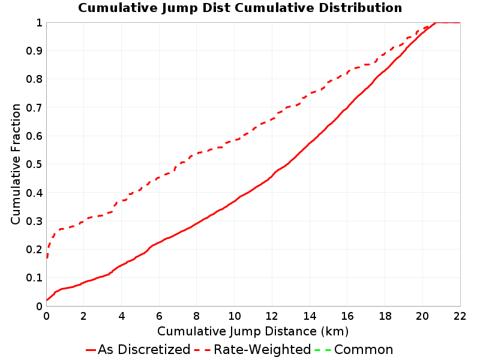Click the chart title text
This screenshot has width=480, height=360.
coord(240,8)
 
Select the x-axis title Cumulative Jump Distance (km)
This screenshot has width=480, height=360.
coord(253,331)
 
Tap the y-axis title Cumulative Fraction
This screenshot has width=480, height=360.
coord(16,164)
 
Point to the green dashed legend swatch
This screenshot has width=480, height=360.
coord(323,350)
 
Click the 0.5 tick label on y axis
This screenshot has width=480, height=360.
coord(34,164)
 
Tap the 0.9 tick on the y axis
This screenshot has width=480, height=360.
coord(34,51)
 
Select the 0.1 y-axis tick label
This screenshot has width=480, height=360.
coord(34,278)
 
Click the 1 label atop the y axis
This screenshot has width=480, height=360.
coord(39,23)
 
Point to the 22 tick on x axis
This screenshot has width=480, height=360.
coord(460,316)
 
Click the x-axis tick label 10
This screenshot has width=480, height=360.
coord(234,316)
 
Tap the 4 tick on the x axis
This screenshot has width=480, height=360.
coord(122,316)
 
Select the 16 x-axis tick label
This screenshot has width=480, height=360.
coord(347,316)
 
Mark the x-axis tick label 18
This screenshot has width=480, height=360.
coord(385,316)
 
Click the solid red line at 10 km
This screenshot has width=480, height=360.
coord(234,202)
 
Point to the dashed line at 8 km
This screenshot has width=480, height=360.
coord(197,153)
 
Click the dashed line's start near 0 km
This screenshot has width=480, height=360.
coord(47,257)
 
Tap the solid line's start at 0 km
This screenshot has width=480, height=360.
coord(47,299)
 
